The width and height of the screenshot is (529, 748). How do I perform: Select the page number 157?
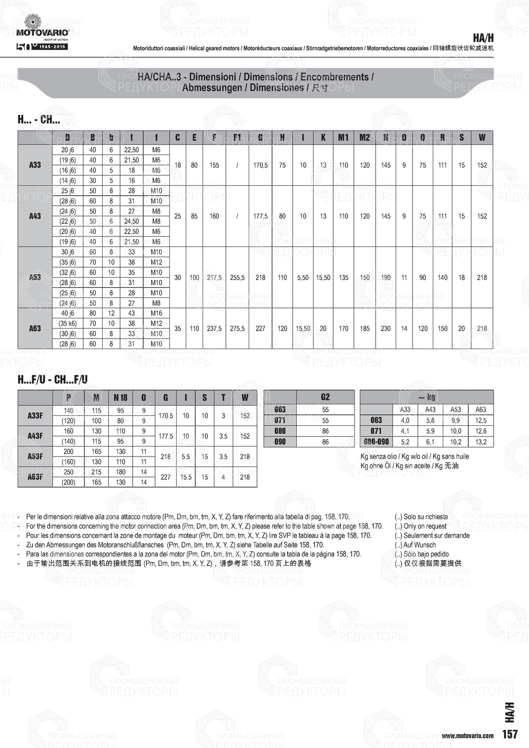tap(510, 734)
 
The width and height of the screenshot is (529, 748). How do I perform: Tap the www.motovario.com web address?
tap(468, 735)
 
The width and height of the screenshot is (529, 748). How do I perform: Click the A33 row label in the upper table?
tap(35, 165)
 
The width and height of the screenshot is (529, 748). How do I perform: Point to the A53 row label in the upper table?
tap(35, 277)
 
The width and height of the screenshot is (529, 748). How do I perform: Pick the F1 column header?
tap(237, 138)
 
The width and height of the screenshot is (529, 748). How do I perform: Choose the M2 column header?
tap(364, 138)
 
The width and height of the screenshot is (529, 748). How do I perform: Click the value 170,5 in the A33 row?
tap(260, 165)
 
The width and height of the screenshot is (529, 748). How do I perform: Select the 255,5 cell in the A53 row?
tap(237, 277)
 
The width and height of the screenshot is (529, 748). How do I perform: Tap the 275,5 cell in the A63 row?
tap(237, 329)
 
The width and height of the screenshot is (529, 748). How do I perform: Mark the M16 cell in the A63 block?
tap(156, 313)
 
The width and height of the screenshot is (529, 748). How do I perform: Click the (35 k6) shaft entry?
tap(68, 323)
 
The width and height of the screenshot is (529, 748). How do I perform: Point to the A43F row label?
tap(35, 436)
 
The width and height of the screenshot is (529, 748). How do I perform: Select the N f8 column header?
tap(121, 397)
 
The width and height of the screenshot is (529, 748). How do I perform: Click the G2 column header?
tap(325, 397)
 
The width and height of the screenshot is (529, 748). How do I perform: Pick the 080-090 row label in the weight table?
tap(376, 442)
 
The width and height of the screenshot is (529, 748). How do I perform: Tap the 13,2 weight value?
tap(481, 442)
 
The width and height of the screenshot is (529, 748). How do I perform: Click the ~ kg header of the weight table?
tap(426, 397)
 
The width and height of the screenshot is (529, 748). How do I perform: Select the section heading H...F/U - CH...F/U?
tap(53, 379)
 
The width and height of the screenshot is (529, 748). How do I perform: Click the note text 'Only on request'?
tap(425, 526)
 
